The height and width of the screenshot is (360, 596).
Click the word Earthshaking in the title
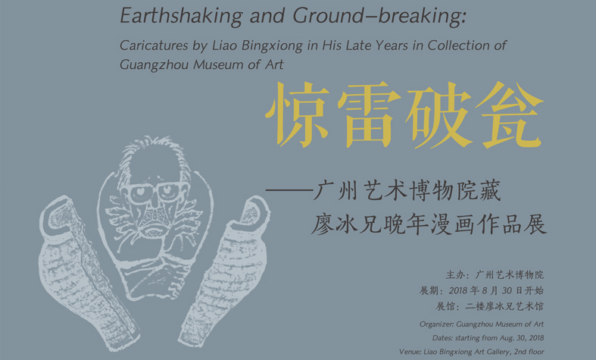pyautogui.click(x=181, y=16)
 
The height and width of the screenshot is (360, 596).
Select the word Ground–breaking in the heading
pyautogui.click(x=379, y=16)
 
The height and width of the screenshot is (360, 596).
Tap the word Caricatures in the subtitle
pyautogui.click(x=154, y=45)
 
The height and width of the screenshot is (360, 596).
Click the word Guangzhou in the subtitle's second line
pyautogui.click(x=154, y=64)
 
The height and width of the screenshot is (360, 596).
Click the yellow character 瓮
pyautogui.click(x=510, y=114)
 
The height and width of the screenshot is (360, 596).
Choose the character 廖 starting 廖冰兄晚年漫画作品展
pyautogui.click(x=323, y=224)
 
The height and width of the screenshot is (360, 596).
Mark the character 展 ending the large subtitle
pyautogui.click(x=535, y=224)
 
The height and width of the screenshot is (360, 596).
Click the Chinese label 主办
pyautogui.click(x=456, y=275)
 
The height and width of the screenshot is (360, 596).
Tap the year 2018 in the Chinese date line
pyautogui.click(x=458, y=291)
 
